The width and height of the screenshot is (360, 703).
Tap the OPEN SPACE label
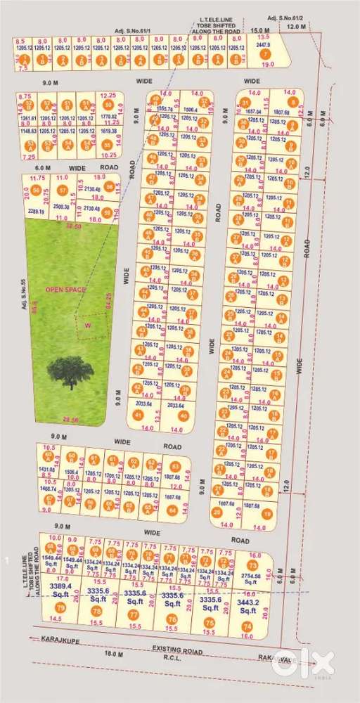click(x=62, y=289)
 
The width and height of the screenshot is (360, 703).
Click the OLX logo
click(x=310, y=662)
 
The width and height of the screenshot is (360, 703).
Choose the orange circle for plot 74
click(x=246, y=626)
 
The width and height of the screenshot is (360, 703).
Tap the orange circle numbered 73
click(x=252, y=565)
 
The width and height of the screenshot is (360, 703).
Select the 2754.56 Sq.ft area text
click(x=251, y=579)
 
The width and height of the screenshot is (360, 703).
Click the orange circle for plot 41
click(x=139, y=415)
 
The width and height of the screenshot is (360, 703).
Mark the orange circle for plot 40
click(x=184, y=415)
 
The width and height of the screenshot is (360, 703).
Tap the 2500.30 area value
click(x=62, y=207)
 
